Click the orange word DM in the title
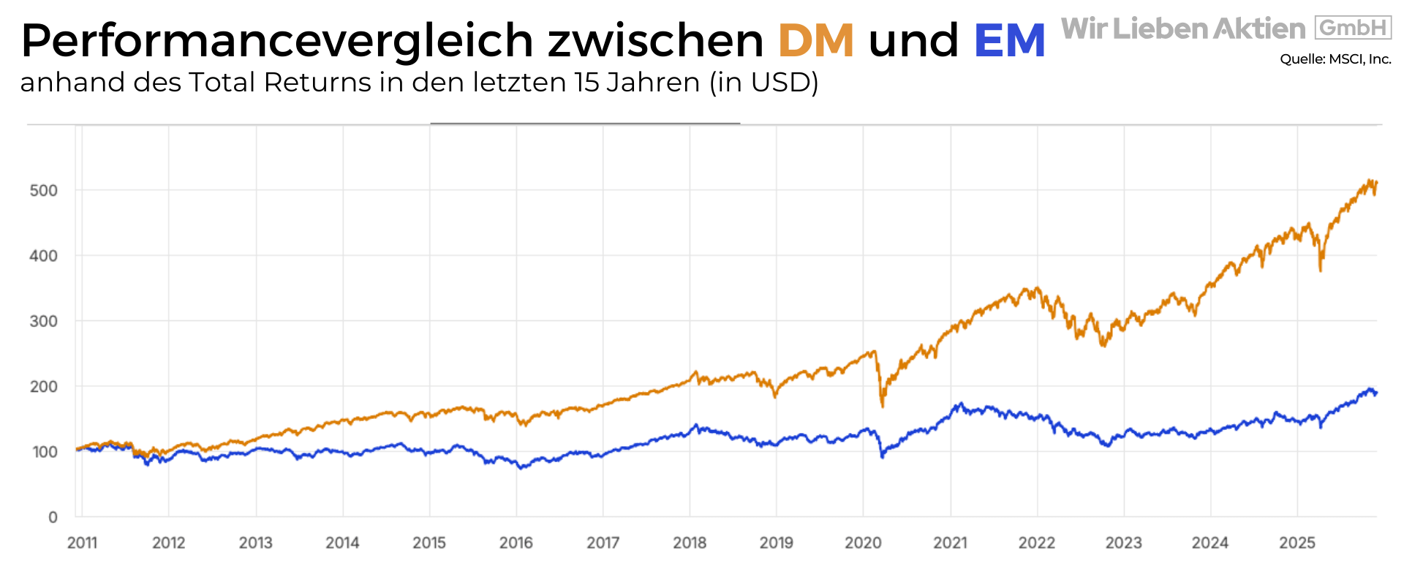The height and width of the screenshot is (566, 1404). click(815, 40)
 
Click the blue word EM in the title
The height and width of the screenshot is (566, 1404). click(1010, 40)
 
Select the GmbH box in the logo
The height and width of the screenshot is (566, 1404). click(1353, 28)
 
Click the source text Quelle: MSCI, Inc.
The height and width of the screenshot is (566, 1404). click(1335, 59)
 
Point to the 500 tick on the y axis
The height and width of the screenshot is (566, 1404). click(43, 190)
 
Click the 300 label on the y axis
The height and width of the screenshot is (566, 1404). click(43, 321)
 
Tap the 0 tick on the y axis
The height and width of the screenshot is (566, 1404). click(53, 517)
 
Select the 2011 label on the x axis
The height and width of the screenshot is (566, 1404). click(82, 543)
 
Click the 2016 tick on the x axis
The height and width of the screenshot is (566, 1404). click(516, 543)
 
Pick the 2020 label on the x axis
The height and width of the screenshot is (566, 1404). click(863, 543)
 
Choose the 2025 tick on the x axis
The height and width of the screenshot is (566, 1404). click(1297, 543)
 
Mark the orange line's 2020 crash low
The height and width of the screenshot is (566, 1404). click(883, 405)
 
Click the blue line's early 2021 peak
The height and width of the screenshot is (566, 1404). click(961, 404)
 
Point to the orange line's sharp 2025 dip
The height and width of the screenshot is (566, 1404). click(1320, 270)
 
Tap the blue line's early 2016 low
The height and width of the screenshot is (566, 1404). click(521, 467)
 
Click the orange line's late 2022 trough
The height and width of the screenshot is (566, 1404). click(1103, 345)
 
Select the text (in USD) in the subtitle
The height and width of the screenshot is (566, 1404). click(763, 83)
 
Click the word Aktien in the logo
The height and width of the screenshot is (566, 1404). click(1259, 29)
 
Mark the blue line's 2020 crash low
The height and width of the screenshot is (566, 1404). click(883, 456)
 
